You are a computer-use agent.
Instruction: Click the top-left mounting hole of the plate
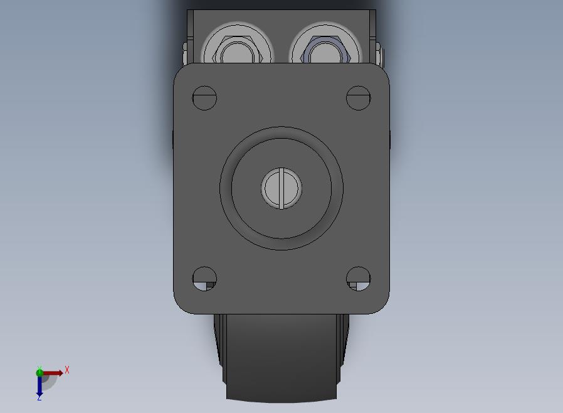coord(204,98)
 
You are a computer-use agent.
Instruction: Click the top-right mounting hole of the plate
coord(359,98)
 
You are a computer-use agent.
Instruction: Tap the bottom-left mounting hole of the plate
coord(204,279)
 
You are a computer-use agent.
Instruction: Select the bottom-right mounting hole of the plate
coord(359,279)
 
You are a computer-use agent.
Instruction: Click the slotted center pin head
coord(281,188)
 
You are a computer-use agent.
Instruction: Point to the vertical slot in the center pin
coord(281,188)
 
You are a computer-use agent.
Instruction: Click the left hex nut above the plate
coord(238,50)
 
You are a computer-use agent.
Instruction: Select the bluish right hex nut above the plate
coord(325,50)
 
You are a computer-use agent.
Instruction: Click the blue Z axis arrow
coord(39,385)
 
